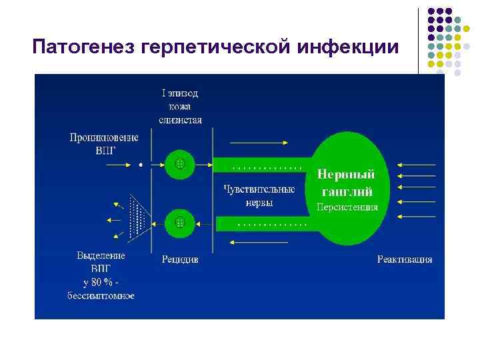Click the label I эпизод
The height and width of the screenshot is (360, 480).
(x=180, y=93)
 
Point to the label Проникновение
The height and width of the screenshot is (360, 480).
(x=104, y=137)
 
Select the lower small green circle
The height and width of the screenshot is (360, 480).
(x=179, y=222)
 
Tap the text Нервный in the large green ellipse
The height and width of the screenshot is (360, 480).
(x=345, y=175)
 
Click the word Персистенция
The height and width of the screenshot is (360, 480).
(x=347, y=207)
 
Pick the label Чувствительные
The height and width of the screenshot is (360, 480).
(x=259, y=189)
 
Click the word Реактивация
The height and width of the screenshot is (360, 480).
(x=405, y=259)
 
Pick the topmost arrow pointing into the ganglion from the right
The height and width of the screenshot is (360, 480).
(x=416, y=163)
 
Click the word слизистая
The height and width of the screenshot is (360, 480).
(x=180, y=120)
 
